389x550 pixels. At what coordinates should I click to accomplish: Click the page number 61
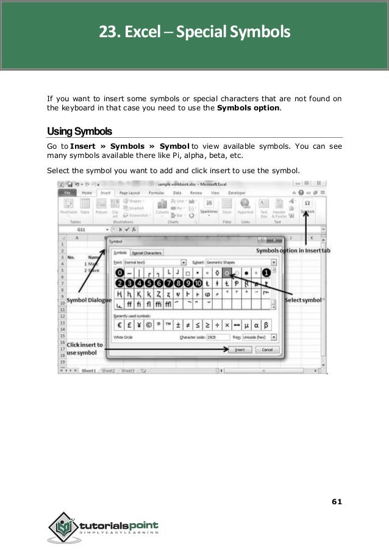click(x=336, y=501)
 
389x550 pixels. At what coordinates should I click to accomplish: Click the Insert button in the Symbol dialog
click(x=239, y=350)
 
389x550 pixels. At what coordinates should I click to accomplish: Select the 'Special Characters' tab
click(x=146, y=252)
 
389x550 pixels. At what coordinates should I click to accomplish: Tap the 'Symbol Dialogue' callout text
click(x=87, y=299)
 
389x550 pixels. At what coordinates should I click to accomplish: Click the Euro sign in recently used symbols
click(x=121, y=324)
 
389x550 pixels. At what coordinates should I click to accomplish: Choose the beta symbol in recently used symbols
click(x=266, y=324)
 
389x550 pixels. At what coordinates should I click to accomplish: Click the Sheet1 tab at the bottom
click(x=88, y=370)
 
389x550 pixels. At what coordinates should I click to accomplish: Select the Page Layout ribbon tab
click(x=130, y=191)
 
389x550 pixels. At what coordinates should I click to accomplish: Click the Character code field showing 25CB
click(x=218, y=337)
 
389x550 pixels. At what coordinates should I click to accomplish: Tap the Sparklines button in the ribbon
click(x=209, y=208)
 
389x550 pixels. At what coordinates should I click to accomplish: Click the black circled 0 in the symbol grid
click(x=120, y=272)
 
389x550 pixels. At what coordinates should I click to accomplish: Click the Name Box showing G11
click(x=80, y=229)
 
